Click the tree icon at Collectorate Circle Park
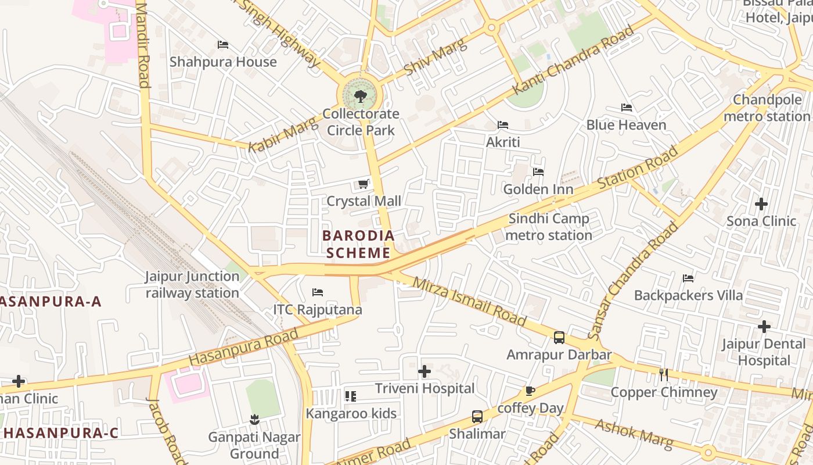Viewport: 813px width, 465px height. point(360,96)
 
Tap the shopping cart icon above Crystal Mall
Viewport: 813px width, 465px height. point(364,184)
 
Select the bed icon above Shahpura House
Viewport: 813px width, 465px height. point(223,45)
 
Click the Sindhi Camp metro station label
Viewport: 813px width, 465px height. point(549,227)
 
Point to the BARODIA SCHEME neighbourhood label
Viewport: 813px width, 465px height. point(358,244)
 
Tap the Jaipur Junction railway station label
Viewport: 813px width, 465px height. point(192,284)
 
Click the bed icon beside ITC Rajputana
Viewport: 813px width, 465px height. point(318,292)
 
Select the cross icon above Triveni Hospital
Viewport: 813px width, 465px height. point(425,371)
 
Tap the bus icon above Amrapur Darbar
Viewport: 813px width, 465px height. point(559,337)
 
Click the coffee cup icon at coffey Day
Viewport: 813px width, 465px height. point(530,391)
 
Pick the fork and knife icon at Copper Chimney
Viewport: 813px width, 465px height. point(664,375)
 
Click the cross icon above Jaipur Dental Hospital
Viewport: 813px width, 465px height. point(764,327)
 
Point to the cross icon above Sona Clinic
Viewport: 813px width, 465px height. point(761,204)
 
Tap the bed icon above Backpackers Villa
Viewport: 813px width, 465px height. point(688,278)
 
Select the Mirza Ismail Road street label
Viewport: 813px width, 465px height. point(469,302)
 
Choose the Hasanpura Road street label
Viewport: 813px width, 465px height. point(243,347)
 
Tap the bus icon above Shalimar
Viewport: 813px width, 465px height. point(477,416)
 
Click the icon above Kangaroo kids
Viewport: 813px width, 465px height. point(351,396)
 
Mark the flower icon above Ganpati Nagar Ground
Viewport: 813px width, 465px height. point(254,419)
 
